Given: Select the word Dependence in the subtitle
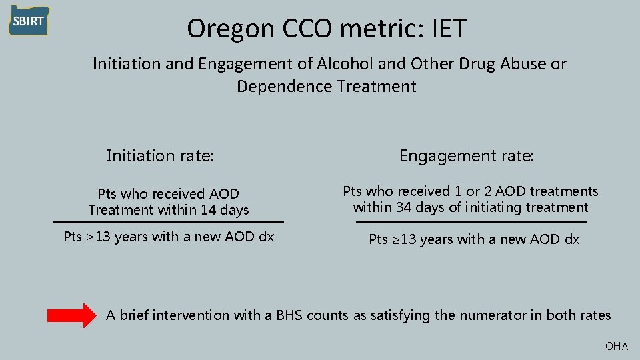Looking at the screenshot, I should point(284,87).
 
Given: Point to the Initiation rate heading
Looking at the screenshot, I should point(160,156).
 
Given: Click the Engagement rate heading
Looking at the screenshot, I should point(467,156).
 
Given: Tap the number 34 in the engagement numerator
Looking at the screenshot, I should point(403,207).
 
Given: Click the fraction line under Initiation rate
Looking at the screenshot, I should point(168,222).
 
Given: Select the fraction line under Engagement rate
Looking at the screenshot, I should point(471,221).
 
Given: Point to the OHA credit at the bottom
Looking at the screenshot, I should point(616,346).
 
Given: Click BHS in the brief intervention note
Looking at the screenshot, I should point(289,315).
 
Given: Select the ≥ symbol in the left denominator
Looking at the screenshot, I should point(89,237).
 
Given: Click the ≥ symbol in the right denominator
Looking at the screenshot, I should point(394,239).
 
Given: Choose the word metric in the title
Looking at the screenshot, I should point(367,29).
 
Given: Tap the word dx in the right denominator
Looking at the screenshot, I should point(572,239).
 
